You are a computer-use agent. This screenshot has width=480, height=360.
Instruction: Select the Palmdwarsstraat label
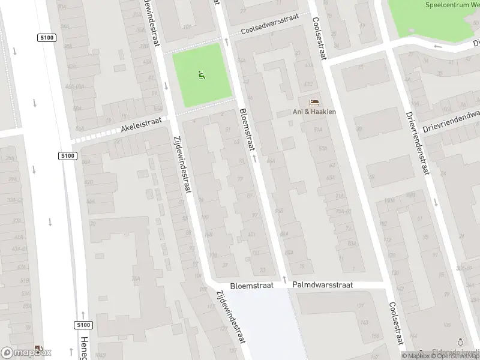click(323, 286)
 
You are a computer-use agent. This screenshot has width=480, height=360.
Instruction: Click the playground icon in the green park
click(202, 76)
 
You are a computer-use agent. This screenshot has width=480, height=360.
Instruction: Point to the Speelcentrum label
click(451, 5)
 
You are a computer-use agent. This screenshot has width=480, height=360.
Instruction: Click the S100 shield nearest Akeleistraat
click(68, 156)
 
